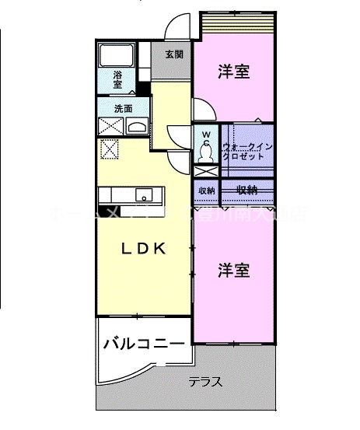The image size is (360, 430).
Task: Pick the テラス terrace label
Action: click(x=206, y=382)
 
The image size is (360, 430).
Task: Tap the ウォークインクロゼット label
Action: click(x=248, y=151)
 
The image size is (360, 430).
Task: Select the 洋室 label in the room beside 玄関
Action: click(x=233, y=72)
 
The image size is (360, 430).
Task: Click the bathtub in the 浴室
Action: click(x=117, y=55)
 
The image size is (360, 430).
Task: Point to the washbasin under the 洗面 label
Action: click(x=138, y=128)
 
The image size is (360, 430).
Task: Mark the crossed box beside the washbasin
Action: click(x=110, y=128)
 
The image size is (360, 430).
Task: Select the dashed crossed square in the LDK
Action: click(x=110, y=148)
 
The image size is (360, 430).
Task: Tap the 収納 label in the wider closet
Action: click(x=247, y=190)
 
